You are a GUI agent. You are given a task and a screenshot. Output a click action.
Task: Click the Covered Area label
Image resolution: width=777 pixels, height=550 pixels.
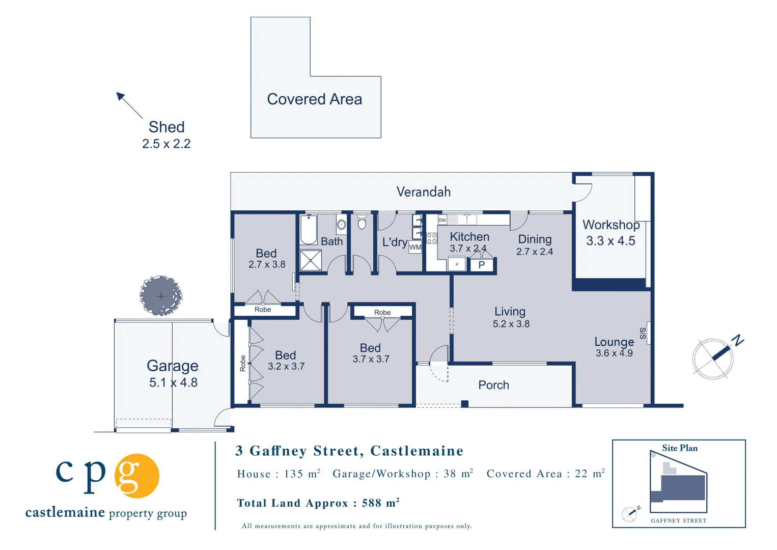coord(314,99)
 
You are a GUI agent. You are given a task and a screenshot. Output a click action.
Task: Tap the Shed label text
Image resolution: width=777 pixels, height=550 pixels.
coord(166,127)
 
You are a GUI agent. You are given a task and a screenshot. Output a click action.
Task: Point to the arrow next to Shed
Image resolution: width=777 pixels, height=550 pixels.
coord(129,105)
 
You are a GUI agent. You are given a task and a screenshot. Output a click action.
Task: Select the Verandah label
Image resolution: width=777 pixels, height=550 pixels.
coord(424,192)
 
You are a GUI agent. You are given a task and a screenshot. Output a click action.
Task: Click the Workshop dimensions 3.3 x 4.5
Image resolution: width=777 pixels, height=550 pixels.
coord(610,241)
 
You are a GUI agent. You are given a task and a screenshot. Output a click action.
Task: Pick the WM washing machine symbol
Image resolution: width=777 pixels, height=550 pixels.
coord(415,247)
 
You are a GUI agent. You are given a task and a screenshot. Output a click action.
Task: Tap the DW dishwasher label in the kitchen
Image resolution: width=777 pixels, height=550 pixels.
coord(442,220)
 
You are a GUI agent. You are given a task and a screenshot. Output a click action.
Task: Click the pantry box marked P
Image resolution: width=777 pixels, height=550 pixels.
coord(482,265)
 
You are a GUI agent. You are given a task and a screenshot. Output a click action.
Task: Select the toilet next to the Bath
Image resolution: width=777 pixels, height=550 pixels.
coord(362,222)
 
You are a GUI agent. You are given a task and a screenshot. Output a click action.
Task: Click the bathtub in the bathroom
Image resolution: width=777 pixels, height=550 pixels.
coord(309,230)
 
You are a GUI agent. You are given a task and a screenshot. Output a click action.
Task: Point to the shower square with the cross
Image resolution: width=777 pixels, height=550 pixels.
coord(311,260)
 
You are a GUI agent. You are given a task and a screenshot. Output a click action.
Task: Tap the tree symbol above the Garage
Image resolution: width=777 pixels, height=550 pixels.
coord(161,295)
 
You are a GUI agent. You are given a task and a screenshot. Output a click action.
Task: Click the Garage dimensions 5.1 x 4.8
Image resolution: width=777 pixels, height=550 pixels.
coord(173,382)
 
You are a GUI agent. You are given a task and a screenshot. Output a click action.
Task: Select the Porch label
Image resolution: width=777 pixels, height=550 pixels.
coord(493,385)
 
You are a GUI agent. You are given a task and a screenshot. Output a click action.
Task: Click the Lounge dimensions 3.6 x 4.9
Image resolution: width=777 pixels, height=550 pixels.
coord(614,353)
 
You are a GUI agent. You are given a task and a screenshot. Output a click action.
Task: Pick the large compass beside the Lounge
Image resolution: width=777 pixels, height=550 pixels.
coord(713,358)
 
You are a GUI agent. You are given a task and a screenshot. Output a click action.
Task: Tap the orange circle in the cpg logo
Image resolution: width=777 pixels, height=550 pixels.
coord(136,476)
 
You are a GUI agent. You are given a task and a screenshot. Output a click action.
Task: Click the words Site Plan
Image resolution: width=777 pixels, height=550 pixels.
coord(680,448)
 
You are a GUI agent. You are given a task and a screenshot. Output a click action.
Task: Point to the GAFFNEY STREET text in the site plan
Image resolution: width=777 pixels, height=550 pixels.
coord(678,520)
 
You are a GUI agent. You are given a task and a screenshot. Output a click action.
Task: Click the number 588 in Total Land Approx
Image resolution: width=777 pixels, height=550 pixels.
coord(371,503)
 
